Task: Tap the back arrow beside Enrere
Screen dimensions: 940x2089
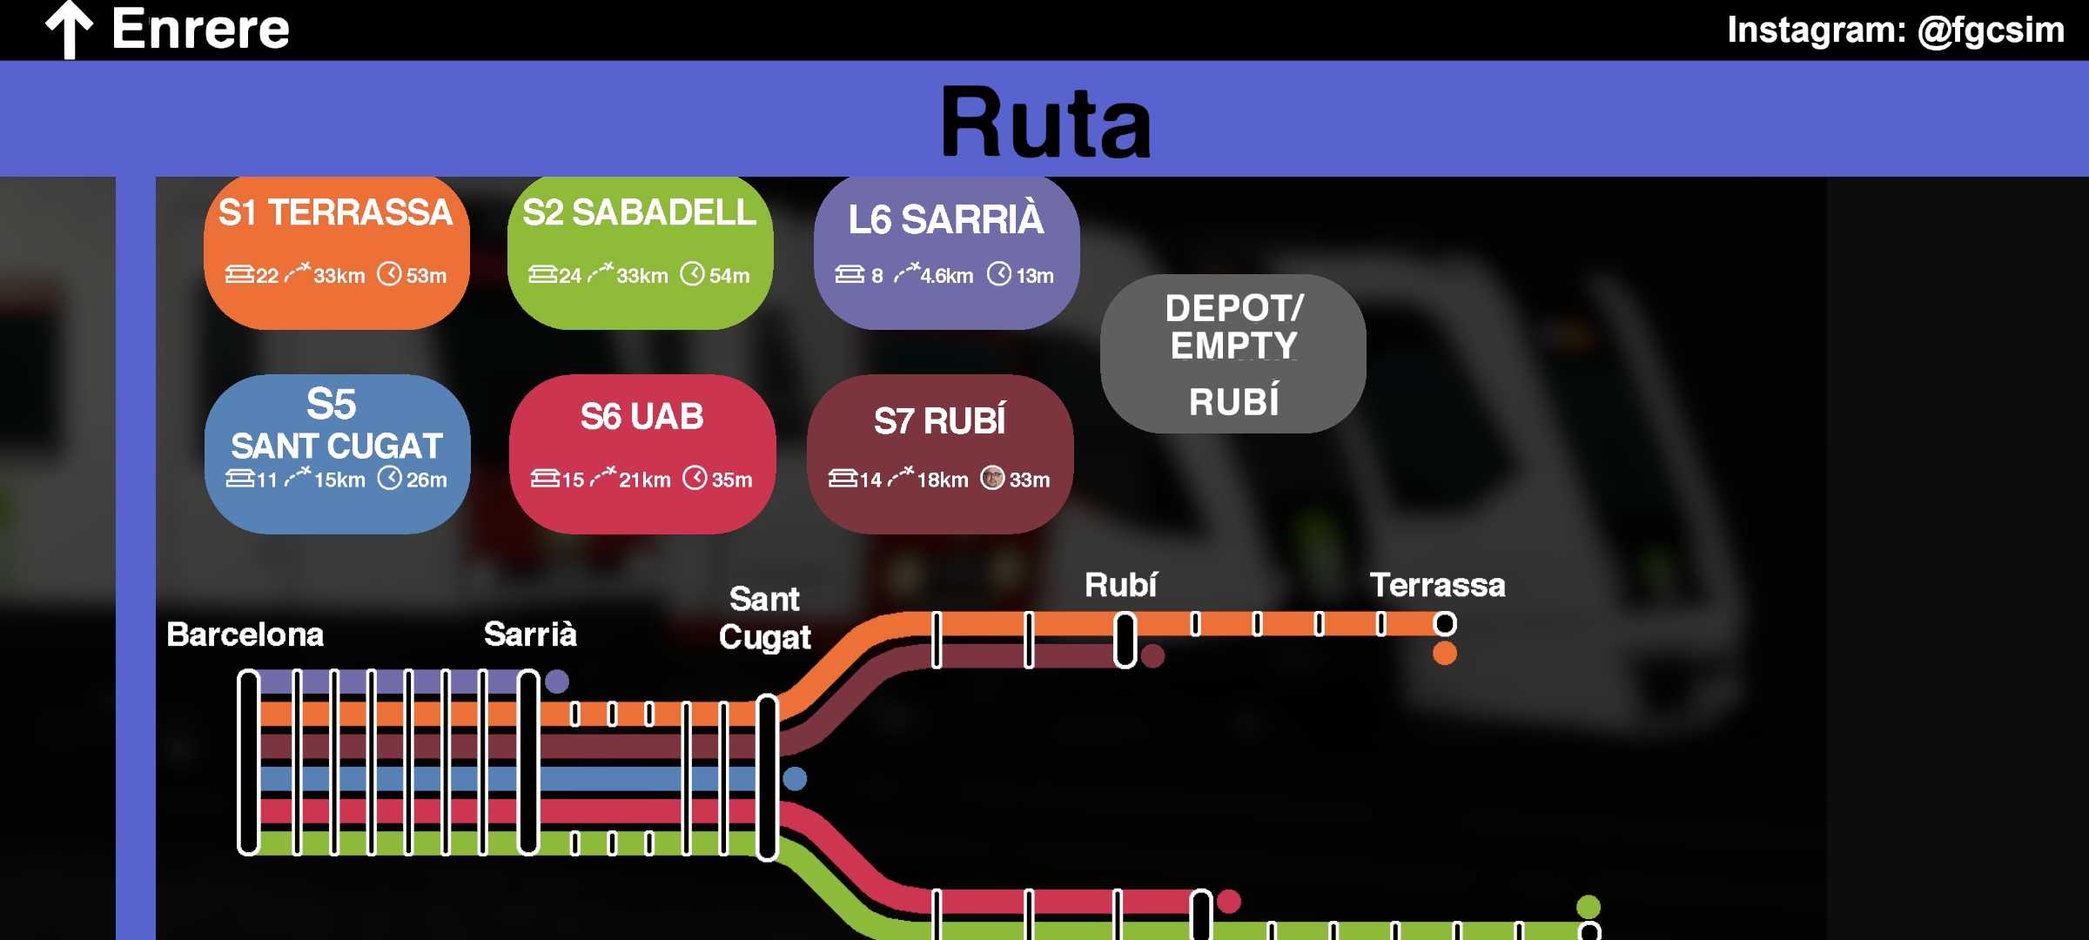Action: coord(70,30)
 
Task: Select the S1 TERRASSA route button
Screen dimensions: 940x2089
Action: coord(336,252)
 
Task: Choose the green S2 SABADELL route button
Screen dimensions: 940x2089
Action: coord(640,252)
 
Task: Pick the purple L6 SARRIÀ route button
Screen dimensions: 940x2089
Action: coord(946,252)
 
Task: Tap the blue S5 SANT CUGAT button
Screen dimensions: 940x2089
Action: coord(337,453)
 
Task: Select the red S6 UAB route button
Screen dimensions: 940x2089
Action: coord(642,453)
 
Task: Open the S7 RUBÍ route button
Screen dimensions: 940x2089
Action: coord(940,453)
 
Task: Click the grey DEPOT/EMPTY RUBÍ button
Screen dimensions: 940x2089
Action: coord(1233,353)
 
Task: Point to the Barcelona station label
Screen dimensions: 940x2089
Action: coord(245,634)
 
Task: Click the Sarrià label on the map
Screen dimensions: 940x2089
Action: coord(530,634)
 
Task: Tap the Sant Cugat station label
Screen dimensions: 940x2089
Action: coord(764,618)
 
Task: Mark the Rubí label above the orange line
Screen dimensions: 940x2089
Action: coord(1120,585)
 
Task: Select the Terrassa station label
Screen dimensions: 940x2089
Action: coord(1437,585)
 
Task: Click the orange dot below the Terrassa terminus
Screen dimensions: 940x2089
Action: coord(1444,653)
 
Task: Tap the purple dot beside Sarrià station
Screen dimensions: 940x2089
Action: coord(557,681)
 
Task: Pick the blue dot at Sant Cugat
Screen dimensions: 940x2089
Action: coord(794,778)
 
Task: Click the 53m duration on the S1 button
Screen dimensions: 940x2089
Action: coord(426,276)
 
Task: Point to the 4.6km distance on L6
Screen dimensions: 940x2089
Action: coord(946,276)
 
